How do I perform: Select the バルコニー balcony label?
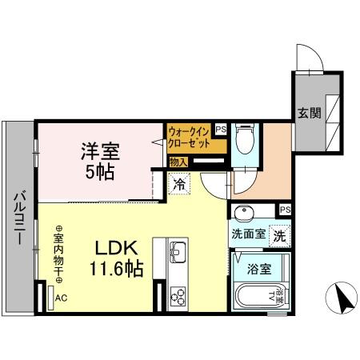(19, 216)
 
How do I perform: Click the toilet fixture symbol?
(245, 141)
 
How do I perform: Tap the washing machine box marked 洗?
(278, 236)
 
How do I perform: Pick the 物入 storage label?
(178, 162)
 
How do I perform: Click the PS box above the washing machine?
(285, 210)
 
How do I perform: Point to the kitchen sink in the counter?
(177, 254)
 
